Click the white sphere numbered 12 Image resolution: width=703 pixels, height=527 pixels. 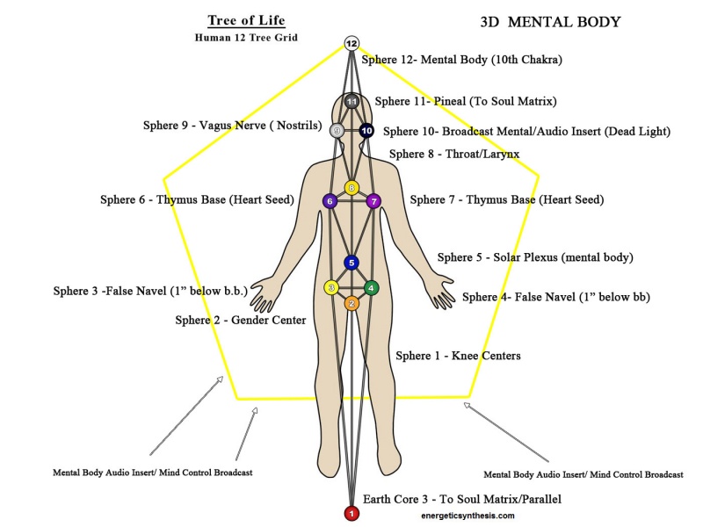pyautogui.click(x=351, y=43)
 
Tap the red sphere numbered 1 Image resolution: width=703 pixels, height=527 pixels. pyautogui.click(x=351, y=513)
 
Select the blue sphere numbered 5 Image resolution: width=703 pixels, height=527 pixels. pyautogui.click(x=351, y=262)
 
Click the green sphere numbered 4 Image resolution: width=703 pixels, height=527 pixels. pyautogui.click(x=372, y=287)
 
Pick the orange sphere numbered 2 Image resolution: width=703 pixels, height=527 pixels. pyautogui.click(x=351, y=304)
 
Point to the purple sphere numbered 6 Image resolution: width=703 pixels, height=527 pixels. pyautogui.click(x=330, y=201)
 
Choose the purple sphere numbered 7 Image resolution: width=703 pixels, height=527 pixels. pyautogui.click(x=373, y=201)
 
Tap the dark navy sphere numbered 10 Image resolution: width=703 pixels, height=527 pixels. pyautogui.click(x=366, y=131)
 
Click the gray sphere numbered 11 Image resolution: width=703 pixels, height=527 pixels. pyautogui.click(x=351, y=101)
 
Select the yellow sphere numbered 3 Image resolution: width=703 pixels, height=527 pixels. pyautogui.click(x=331, y=287)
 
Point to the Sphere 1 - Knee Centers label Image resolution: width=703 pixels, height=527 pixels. pyautogui.click(x=458, y=356)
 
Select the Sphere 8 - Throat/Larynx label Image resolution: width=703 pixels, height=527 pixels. pyautogui.click(x=453, y=154)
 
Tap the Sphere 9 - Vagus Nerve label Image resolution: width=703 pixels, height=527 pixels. pyautogui.click(x=231, y=126)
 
